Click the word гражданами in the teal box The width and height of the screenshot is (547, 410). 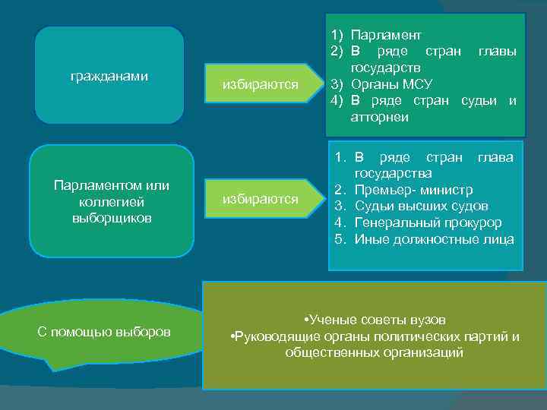tap(109, 77)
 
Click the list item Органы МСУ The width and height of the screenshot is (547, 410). tap(391, 85)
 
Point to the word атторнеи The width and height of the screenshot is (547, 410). tap(379, 118)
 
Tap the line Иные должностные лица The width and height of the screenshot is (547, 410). tap(434, 240)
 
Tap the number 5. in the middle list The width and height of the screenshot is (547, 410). tap(341, 240)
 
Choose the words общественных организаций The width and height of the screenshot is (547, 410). tap(374, 353)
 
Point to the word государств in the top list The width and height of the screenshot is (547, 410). tap(381, 68)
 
